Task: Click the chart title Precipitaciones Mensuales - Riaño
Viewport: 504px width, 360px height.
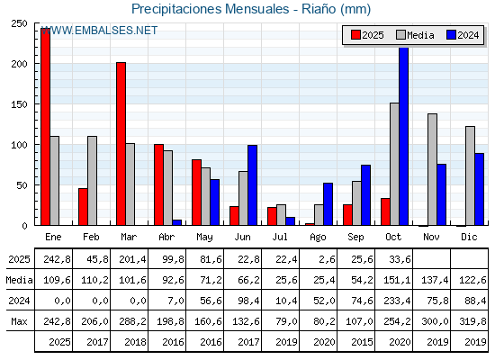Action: pos(250,9)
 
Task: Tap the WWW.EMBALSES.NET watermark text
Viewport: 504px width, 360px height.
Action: pos(99,31)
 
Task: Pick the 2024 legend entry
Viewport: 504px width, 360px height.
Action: pos(462,35)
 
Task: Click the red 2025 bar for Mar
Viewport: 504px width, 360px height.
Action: pos(121,144)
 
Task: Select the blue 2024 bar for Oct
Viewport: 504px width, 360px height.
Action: pos(403,136)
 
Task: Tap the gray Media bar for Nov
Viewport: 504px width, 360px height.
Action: pos(432,169)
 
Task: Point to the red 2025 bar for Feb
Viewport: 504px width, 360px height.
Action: pos(83,206)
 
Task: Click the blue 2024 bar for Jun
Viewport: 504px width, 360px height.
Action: pos(252,184)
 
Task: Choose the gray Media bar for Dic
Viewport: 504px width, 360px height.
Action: pos(470,175)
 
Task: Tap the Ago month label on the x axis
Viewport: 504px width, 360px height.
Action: pos(318,237)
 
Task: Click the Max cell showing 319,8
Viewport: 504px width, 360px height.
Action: pos(469,321)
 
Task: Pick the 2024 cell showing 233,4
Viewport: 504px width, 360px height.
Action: pos(393,301)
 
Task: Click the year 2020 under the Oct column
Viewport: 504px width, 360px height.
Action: pos(393,342)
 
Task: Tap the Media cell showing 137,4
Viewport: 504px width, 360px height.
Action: pos(431,281)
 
